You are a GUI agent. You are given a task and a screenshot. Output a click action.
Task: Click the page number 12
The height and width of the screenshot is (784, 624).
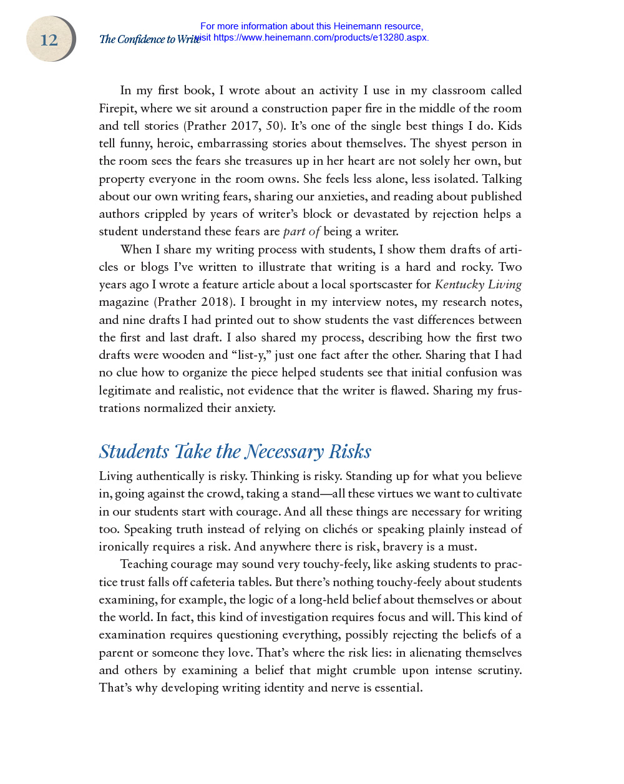[49, 40]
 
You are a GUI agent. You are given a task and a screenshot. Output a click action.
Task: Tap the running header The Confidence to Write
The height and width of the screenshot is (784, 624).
[149, 39]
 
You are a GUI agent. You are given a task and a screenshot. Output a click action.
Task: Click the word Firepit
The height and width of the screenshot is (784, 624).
[117, 109]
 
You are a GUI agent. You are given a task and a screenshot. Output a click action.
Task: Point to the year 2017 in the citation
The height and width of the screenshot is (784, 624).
[245, 126]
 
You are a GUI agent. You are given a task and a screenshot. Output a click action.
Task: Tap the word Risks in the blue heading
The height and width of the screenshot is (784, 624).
[350, 451]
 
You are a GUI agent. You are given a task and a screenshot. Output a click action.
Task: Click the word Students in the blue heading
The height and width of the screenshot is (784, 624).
[134, 451]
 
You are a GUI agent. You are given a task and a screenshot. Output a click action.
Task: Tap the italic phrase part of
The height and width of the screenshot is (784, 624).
[301, 232]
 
